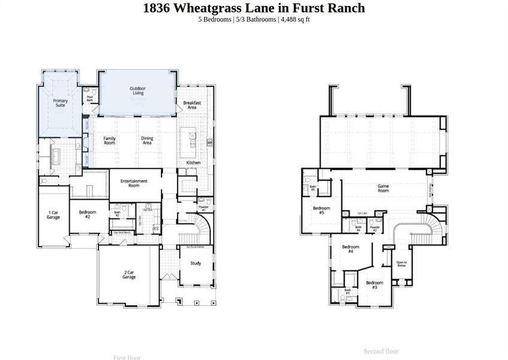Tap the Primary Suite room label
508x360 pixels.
[60, 103]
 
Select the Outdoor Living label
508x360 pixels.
[137, 91]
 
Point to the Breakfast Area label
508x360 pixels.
[191, 105]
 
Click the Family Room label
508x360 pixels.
[109, 140]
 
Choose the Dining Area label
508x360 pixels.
[147, 140]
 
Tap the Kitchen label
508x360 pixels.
[193, 163]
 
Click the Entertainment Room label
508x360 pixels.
[134, 183]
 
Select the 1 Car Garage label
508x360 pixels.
[53, 215]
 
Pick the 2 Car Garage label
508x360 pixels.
[129, 275]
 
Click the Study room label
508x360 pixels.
[196, 263]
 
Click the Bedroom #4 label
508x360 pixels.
[350, 249]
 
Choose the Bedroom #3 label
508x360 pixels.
[374, 285]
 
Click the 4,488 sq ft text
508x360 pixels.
[294, 19]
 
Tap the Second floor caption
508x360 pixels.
[381, 351]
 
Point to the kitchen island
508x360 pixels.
[191, 139]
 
